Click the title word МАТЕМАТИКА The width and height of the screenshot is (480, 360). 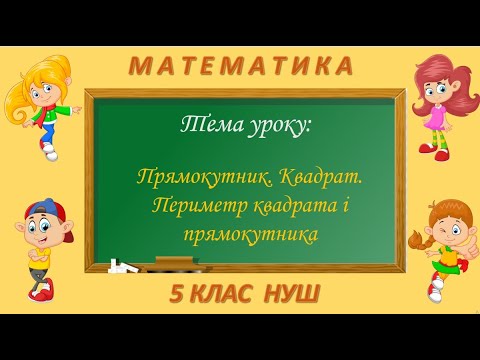240,66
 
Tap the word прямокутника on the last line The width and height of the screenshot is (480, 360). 238,234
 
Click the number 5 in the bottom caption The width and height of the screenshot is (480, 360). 176,297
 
